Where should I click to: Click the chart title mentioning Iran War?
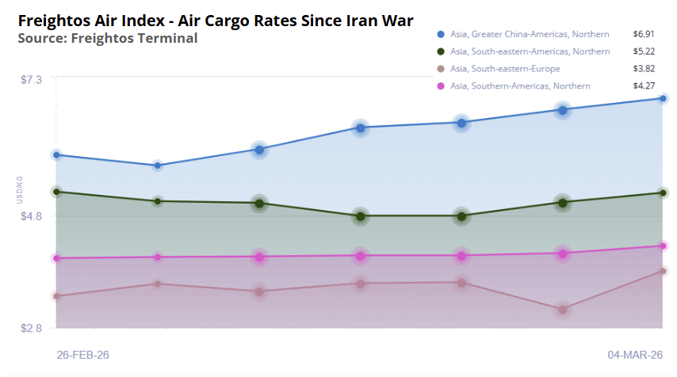point(215,18)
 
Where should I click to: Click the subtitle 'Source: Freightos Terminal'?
point(107,37)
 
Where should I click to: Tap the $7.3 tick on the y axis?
point(31,79)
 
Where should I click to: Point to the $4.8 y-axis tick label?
point(31,216)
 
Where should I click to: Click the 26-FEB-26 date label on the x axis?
point(83,355)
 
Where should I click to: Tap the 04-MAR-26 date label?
point(633,355)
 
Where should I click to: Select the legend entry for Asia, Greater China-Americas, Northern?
point(530,34)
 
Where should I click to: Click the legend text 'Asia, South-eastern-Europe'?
point(505,68)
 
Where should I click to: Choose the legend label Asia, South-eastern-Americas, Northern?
point(530,51)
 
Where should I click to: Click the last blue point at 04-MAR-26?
point(664,98)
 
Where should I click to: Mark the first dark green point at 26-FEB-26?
point(56,192)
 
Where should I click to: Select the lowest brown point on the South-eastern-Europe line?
point(563,310)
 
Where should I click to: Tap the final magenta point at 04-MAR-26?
point(664,246)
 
